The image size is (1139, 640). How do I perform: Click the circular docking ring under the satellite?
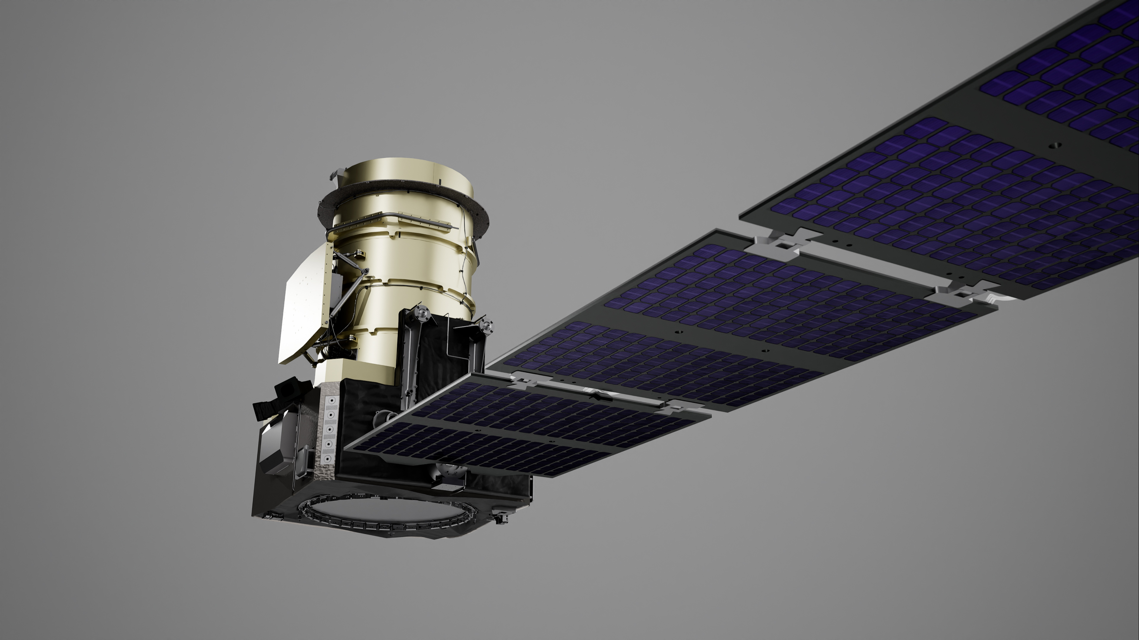(389, 515)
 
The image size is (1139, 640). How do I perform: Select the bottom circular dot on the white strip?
(328, 459)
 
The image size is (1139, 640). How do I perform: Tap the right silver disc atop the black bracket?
(486, 326)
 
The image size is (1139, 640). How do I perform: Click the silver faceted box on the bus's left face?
(279, 446)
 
